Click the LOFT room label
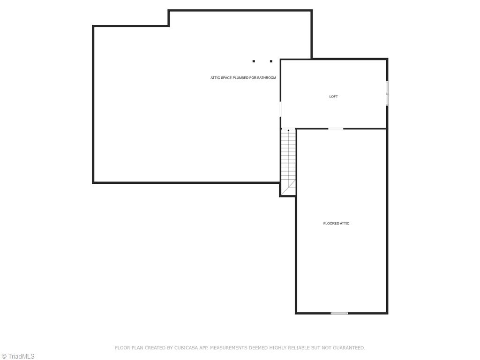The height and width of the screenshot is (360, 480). pos(333,97)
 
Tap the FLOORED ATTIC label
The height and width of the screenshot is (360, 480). pos(336,224)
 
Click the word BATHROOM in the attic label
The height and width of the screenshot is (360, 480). pos(266,78)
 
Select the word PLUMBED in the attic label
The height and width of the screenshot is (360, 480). pos(240,78)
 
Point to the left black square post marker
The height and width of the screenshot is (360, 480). pos(254,61)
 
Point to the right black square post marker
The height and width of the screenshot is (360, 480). pos(271,61)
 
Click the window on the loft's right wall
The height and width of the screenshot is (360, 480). pos(387,93)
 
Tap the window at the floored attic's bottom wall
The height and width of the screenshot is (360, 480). pos(339,313)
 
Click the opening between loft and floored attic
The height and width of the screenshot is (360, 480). pos(335,128)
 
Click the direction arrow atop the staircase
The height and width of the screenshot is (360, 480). pos(288,130)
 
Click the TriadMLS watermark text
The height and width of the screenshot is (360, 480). pos(21,356)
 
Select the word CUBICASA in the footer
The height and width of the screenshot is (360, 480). pos(186,348)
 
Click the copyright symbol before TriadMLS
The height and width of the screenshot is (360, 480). pos(4,356)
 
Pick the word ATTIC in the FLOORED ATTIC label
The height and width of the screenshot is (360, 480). pos(344,224)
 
